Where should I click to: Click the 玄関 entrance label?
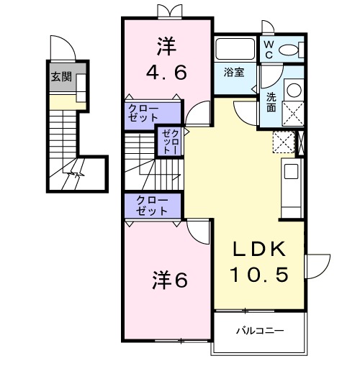pos(61,77)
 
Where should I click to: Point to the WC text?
pos(268,48)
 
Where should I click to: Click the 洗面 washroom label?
pos(271,102)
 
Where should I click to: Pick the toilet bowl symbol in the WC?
pos(290,50)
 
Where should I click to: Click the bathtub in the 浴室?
pos(235,49)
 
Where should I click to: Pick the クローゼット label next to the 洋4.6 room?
pos(144,113)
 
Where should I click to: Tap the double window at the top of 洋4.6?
pos(166,10)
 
